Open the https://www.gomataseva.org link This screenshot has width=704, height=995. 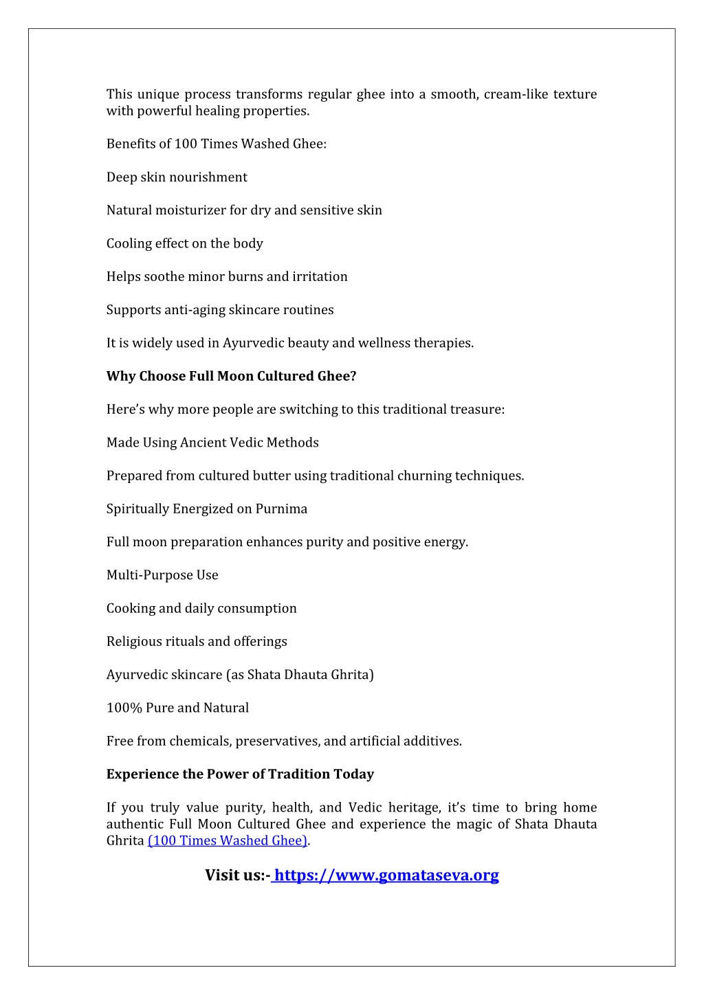point(386,875)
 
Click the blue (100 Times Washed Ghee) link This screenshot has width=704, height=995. point(228,840)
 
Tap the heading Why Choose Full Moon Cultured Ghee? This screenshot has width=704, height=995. point(231,376)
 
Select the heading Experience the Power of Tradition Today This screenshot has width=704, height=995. point(240,774)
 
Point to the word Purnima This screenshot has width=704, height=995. point(281,508)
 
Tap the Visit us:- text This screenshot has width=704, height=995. point(237,875)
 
